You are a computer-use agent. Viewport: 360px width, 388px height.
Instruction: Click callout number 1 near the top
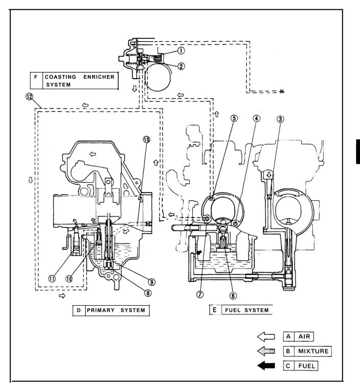(x=181, y=50)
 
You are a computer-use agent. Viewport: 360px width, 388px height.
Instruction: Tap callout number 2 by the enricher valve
(x=181, y=66)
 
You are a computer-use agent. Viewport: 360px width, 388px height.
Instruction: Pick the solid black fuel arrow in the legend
(x=267, y=365)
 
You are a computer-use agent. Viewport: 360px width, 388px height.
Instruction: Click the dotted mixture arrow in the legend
(x=267, y=351)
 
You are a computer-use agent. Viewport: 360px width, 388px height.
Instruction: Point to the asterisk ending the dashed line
(x=281, y=91)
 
